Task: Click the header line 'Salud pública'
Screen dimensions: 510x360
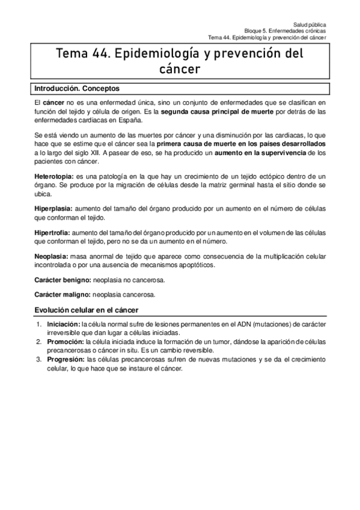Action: tap(310, 23)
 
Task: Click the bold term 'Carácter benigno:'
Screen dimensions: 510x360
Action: tap(62, 281)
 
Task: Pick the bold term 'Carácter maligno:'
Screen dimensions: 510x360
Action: tap(62, 295)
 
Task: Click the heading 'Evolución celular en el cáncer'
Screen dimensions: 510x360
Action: tap(87, 310)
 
